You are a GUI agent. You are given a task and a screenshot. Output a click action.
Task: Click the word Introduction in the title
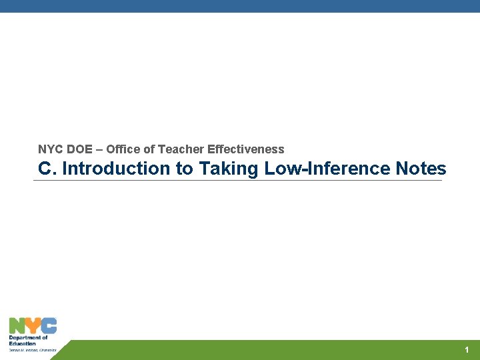pos(116,169)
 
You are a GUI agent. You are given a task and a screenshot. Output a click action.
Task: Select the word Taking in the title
pos(229,169)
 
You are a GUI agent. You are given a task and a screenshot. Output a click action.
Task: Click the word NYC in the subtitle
pos(51,149)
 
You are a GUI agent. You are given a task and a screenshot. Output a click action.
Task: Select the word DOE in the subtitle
pos(80,149)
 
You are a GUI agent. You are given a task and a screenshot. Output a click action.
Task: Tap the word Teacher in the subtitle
pos(182,149)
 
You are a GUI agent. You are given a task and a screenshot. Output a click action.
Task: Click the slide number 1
pos(467,350)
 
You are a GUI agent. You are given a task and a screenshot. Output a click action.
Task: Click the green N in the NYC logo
pos(17,326)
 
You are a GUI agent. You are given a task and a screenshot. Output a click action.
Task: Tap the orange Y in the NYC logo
pos(33,326)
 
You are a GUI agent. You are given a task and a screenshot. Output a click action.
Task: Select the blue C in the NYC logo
pos(49,326)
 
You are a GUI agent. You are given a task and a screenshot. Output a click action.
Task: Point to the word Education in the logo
pos(23,343)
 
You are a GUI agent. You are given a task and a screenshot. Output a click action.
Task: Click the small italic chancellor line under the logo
pos(33,349)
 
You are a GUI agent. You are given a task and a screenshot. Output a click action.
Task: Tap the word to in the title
pos(184,169)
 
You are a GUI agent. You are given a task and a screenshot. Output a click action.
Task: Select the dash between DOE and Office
pos(99,149)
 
